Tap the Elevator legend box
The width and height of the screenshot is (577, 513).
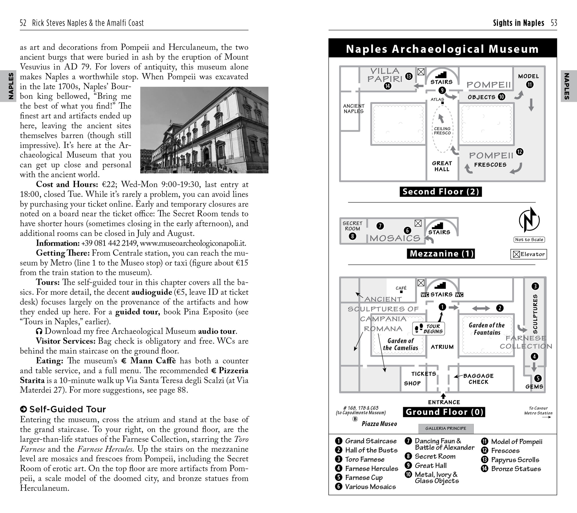coord(528,254)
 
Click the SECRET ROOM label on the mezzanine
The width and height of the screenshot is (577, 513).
coord(352,226)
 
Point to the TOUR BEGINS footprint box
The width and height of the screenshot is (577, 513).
coord(429,329)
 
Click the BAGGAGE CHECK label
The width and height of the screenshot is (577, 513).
coord(478,379)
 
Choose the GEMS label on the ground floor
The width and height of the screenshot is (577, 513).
coord(534,386)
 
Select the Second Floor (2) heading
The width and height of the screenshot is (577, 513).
coord(441,192)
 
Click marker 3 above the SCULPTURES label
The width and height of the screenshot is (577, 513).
coord(535,286)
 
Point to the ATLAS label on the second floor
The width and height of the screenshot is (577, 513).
coord(437,99)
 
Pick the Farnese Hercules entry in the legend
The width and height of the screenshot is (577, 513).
coord(371,469)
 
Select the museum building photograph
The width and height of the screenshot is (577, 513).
coord(204,130)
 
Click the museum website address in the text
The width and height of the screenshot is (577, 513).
coord(193,243)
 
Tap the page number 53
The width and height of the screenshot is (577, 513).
coord(554,23)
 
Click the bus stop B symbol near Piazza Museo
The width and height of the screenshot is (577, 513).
coord(355,419)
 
